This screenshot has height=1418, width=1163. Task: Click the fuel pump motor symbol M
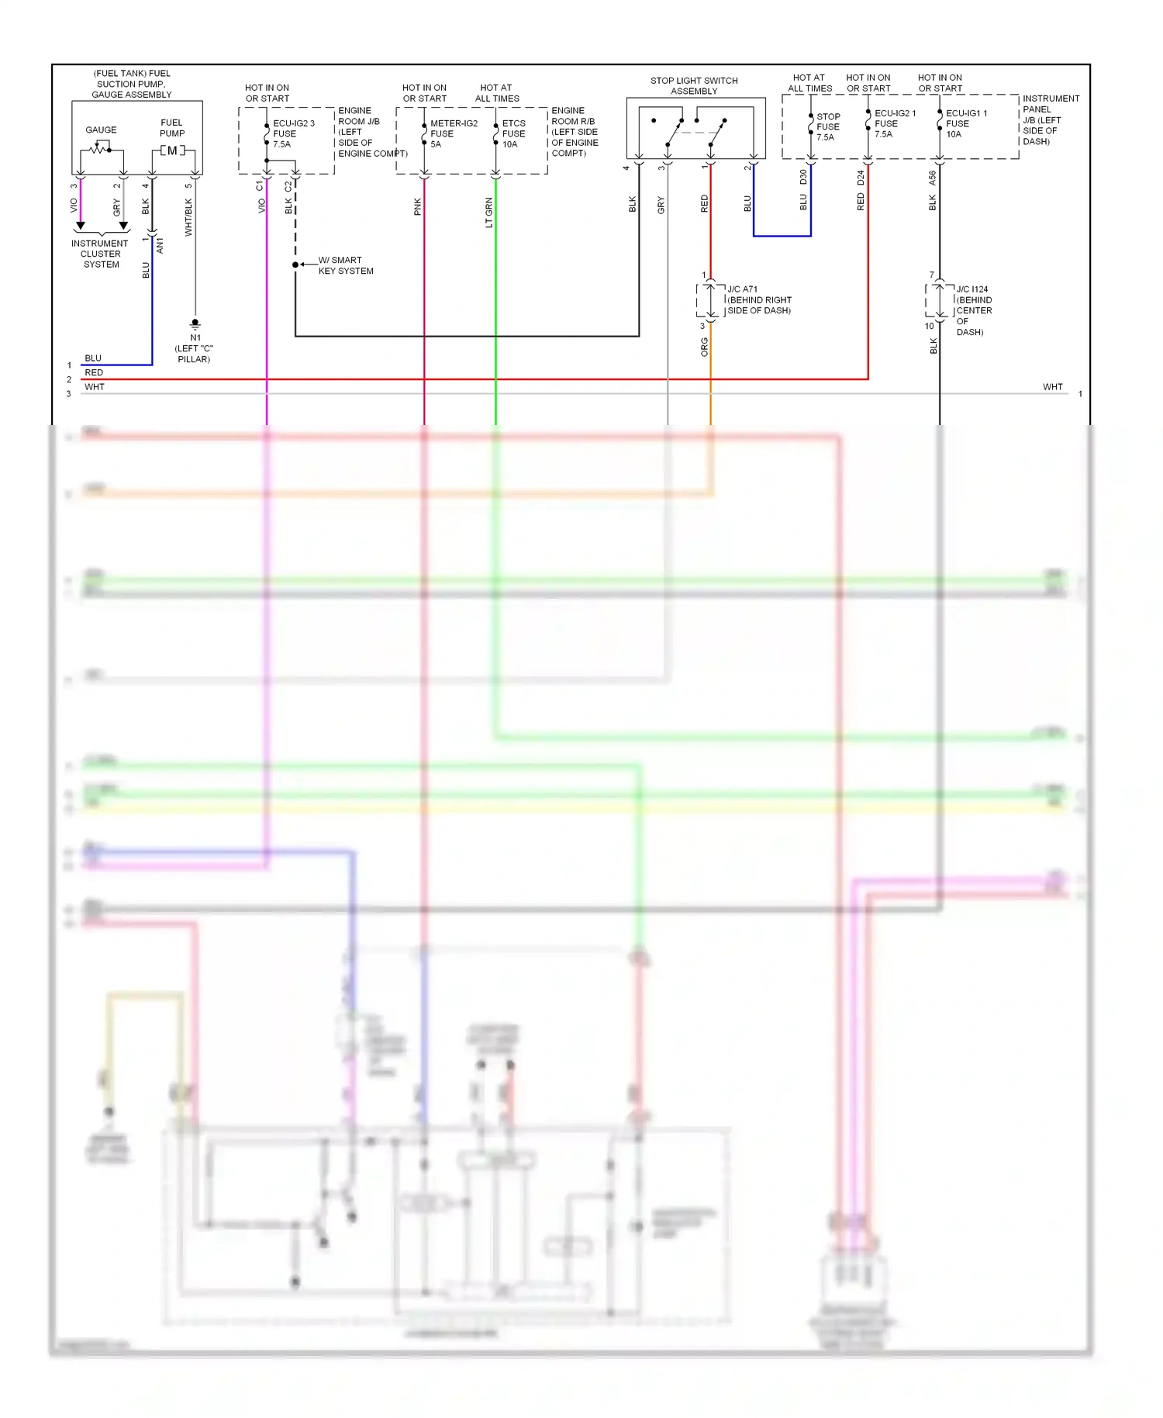[172, 150]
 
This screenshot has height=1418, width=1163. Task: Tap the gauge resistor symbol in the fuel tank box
[98, 148]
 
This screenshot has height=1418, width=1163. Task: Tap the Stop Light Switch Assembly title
[694, 85]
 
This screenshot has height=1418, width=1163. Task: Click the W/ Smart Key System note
[345, 265]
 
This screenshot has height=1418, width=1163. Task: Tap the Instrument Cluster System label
[100, 254]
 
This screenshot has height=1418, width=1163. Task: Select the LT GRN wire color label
[488, 213]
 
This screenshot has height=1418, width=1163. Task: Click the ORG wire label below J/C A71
[704, 346]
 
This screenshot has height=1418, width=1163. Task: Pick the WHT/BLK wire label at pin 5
[188, 217]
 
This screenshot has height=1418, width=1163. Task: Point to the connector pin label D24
[861, 178]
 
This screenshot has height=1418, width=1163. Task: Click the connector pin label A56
[933, 178]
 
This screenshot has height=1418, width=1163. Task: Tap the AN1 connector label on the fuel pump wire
[160, 245]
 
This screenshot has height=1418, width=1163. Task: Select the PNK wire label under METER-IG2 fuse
[418, 206]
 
